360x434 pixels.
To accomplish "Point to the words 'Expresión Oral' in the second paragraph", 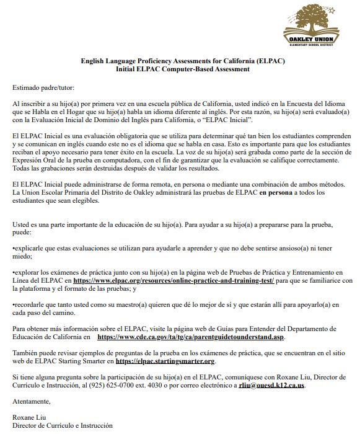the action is tap(35, 159).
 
